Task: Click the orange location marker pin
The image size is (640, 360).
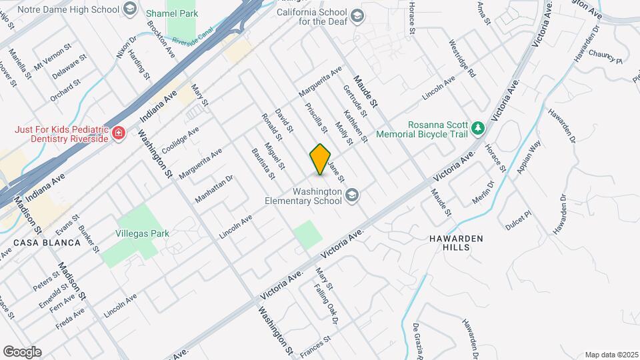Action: [x=320, y=159]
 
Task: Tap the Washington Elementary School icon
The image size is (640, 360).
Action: [x=351, y=194]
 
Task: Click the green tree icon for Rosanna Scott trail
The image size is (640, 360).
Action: [x=477, y=127]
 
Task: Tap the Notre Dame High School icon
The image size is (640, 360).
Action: [x=129, y=9]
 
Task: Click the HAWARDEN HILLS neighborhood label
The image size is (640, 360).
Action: [x=457, y=242]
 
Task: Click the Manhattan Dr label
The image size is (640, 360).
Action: [x=214, y=189]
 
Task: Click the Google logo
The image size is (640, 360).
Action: [x=22, y=351]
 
